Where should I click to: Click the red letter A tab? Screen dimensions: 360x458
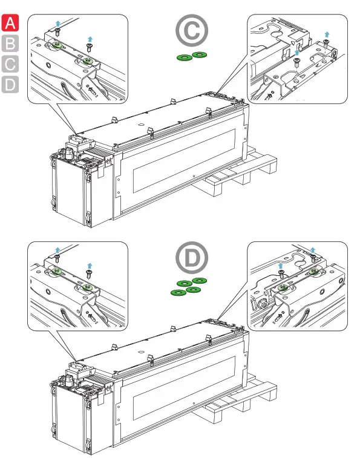click(10, 23)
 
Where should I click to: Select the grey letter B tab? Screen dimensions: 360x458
click(10, 43)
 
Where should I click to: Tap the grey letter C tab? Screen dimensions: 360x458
click(10, 64)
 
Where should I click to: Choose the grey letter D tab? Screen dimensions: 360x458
click(10, 85)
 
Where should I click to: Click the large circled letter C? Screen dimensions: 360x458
click(192, 30)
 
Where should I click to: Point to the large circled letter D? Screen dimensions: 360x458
click(192, 258)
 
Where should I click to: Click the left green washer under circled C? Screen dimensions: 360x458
click(185, 57)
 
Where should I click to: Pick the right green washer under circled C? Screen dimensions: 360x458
click(200, 54)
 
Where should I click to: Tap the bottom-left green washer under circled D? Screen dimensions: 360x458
click(178, 293)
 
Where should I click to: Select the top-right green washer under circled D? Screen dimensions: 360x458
click(200, 281)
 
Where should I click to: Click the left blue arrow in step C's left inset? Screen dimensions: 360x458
click(58, 24)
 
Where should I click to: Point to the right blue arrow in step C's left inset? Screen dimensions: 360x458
click(90, 39)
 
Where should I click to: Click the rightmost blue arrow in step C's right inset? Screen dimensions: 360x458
click(327, 34)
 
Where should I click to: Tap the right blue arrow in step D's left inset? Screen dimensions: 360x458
click(90, 266)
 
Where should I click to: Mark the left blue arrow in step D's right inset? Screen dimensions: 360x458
click(281, 266)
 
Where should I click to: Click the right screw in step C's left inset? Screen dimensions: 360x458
click(89, 48)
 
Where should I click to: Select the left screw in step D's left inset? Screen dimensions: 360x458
click(57, 258)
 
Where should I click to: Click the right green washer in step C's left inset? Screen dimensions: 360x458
click(87, 61)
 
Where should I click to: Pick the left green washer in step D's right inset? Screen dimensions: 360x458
click(283, 288)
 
